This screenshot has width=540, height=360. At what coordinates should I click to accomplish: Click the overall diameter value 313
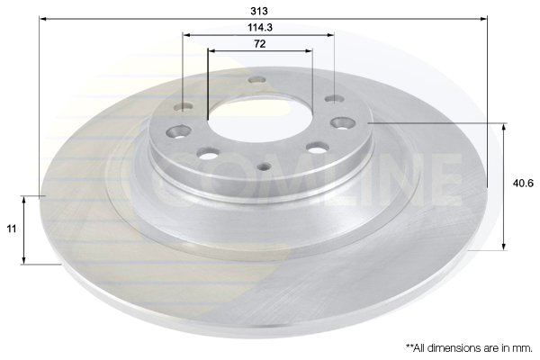click(259, 11)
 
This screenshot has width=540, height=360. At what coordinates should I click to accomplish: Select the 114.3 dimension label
click(260, 27)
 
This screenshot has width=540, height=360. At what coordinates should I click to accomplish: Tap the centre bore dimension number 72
click(260, 44)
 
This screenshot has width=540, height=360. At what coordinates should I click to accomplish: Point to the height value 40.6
click(523, 184)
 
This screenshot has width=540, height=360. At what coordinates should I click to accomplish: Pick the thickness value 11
click(12, 229)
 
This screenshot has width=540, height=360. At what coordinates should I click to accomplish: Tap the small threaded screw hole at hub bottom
click(264, 166)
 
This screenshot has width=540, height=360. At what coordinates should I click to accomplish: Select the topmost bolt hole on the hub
click(256, 80)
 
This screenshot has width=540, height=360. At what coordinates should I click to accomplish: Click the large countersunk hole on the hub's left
click(178, 131)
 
